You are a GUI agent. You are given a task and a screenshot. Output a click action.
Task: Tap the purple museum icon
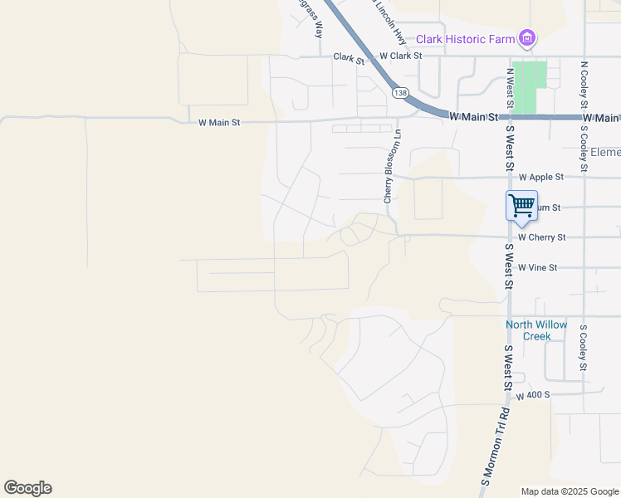pos(526,38)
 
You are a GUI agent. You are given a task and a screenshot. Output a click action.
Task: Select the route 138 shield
pos(401,94)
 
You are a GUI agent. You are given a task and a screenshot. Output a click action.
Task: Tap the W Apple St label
pos(540,178)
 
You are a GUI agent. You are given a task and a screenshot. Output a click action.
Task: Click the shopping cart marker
pos(521,206)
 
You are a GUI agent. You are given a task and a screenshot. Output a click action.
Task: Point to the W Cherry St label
pos(541,237)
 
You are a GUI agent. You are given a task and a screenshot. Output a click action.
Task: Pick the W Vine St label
pos(537,268)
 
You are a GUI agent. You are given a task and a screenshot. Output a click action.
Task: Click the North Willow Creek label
pos(537,330)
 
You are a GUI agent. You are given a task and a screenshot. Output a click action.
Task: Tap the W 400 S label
pos(533,396)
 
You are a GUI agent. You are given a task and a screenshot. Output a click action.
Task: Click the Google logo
pos(27,488)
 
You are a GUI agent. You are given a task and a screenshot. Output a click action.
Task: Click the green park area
pos(530,86)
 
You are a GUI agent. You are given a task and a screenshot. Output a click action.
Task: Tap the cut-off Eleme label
pos(605,153)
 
